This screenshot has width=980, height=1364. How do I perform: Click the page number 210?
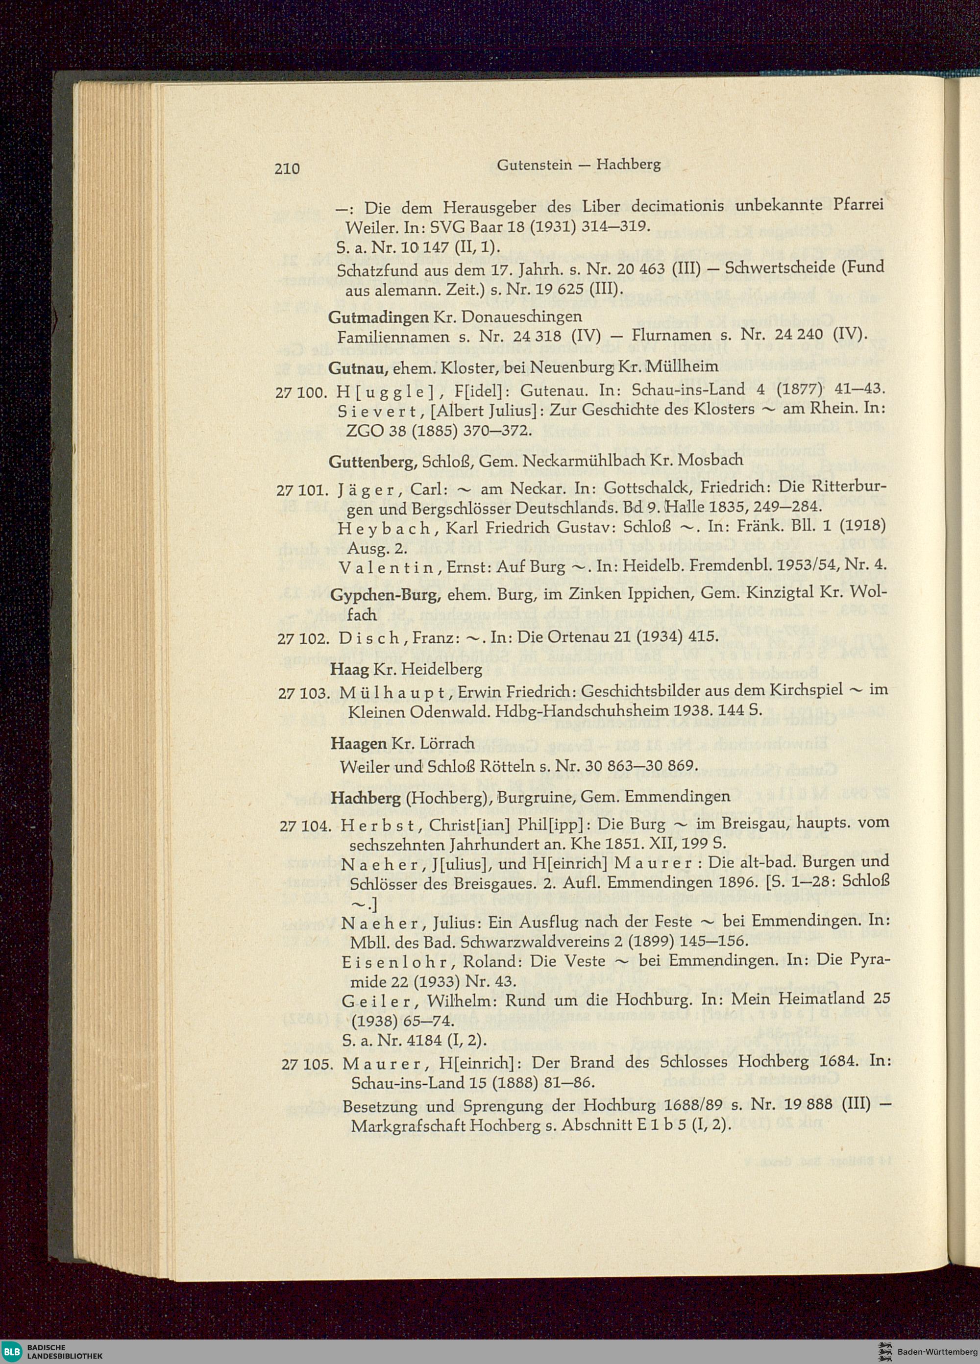click(287, 169)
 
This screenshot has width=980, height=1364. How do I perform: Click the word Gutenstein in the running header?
click(534, 165)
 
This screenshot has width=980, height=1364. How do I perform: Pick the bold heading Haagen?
click(359, 744)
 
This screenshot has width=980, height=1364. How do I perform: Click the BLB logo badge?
click(12, 1351)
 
